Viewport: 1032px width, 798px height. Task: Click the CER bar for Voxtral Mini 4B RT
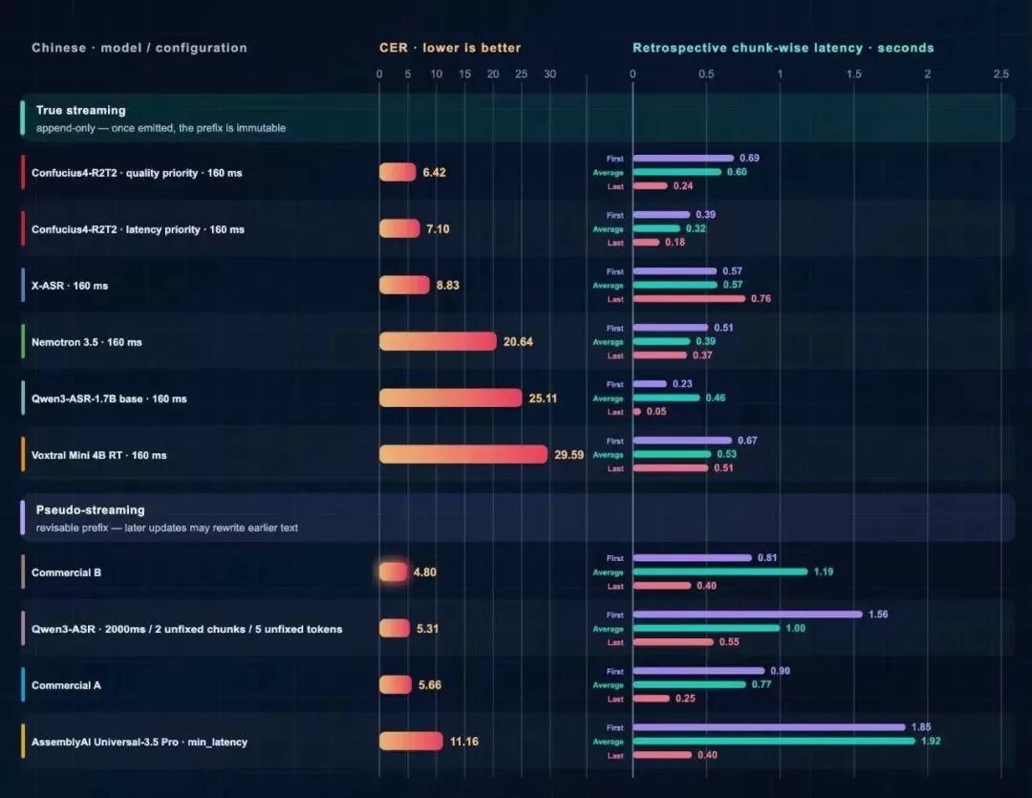pos(463,454)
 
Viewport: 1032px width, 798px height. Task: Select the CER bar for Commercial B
pos(393,572)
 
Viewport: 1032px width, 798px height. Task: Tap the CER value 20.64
pos(518,342)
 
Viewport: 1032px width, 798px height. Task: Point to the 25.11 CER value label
pos(543,399)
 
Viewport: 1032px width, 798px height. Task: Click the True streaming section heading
pos(81,110)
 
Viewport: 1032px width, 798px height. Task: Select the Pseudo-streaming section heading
pos(90,509)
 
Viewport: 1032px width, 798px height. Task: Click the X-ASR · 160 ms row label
pos(70,286)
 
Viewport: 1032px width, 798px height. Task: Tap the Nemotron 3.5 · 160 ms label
pos(87,342)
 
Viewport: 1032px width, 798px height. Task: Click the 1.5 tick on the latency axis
pos(853,74)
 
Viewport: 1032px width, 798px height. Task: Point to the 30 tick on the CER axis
pos(549,74)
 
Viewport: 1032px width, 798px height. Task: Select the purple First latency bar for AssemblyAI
pos(769,727)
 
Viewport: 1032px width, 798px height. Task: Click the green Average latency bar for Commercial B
pos(720,572)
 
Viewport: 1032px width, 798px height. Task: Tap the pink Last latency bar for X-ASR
pos(689,299)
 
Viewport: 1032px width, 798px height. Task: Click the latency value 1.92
pos(931,741)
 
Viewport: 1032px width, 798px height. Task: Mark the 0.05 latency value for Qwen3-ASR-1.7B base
pos(656,412)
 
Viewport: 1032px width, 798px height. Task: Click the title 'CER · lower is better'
pos(450,48)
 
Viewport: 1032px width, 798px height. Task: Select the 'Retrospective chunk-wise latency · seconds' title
pos(784,48)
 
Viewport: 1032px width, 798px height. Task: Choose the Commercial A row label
pos(67,685)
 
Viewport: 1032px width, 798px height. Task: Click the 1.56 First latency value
pos(878,615)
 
